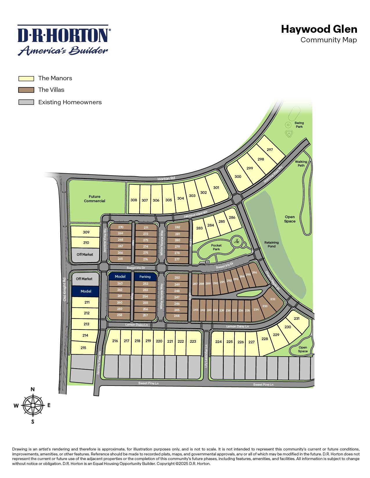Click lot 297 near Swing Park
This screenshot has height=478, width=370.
point(270,149)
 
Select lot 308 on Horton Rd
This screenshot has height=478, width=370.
point(134,200)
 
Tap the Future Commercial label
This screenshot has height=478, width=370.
point(95,199)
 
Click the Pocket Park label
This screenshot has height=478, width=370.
point(216,247)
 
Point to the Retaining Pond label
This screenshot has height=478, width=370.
point(272,244)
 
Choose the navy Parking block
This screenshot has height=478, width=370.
point(145,277)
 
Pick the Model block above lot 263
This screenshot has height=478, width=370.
point(120,276)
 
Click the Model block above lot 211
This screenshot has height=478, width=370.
point(86,291)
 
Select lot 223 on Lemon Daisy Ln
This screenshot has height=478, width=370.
point(193,341)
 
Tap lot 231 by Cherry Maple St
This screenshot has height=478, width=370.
point(297,318)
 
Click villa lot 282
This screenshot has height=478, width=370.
point(177,227)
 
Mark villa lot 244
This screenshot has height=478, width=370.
point(177,316)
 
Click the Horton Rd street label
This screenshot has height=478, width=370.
point(166,179)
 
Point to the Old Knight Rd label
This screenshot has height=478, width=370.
point(65,289)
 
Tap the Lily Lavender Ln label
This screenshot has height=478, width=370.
point(206,356)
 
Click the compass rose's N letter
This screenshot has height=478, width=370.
point(33,389)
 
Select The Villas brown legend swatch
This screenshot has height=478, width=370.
point(26,90)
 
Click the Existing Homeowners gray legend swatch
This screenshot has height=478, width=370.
point(26,102)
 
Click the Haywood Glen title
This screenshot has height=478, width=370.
point(319,29)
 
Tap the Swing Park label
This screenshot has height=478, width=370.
point(299,125)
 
